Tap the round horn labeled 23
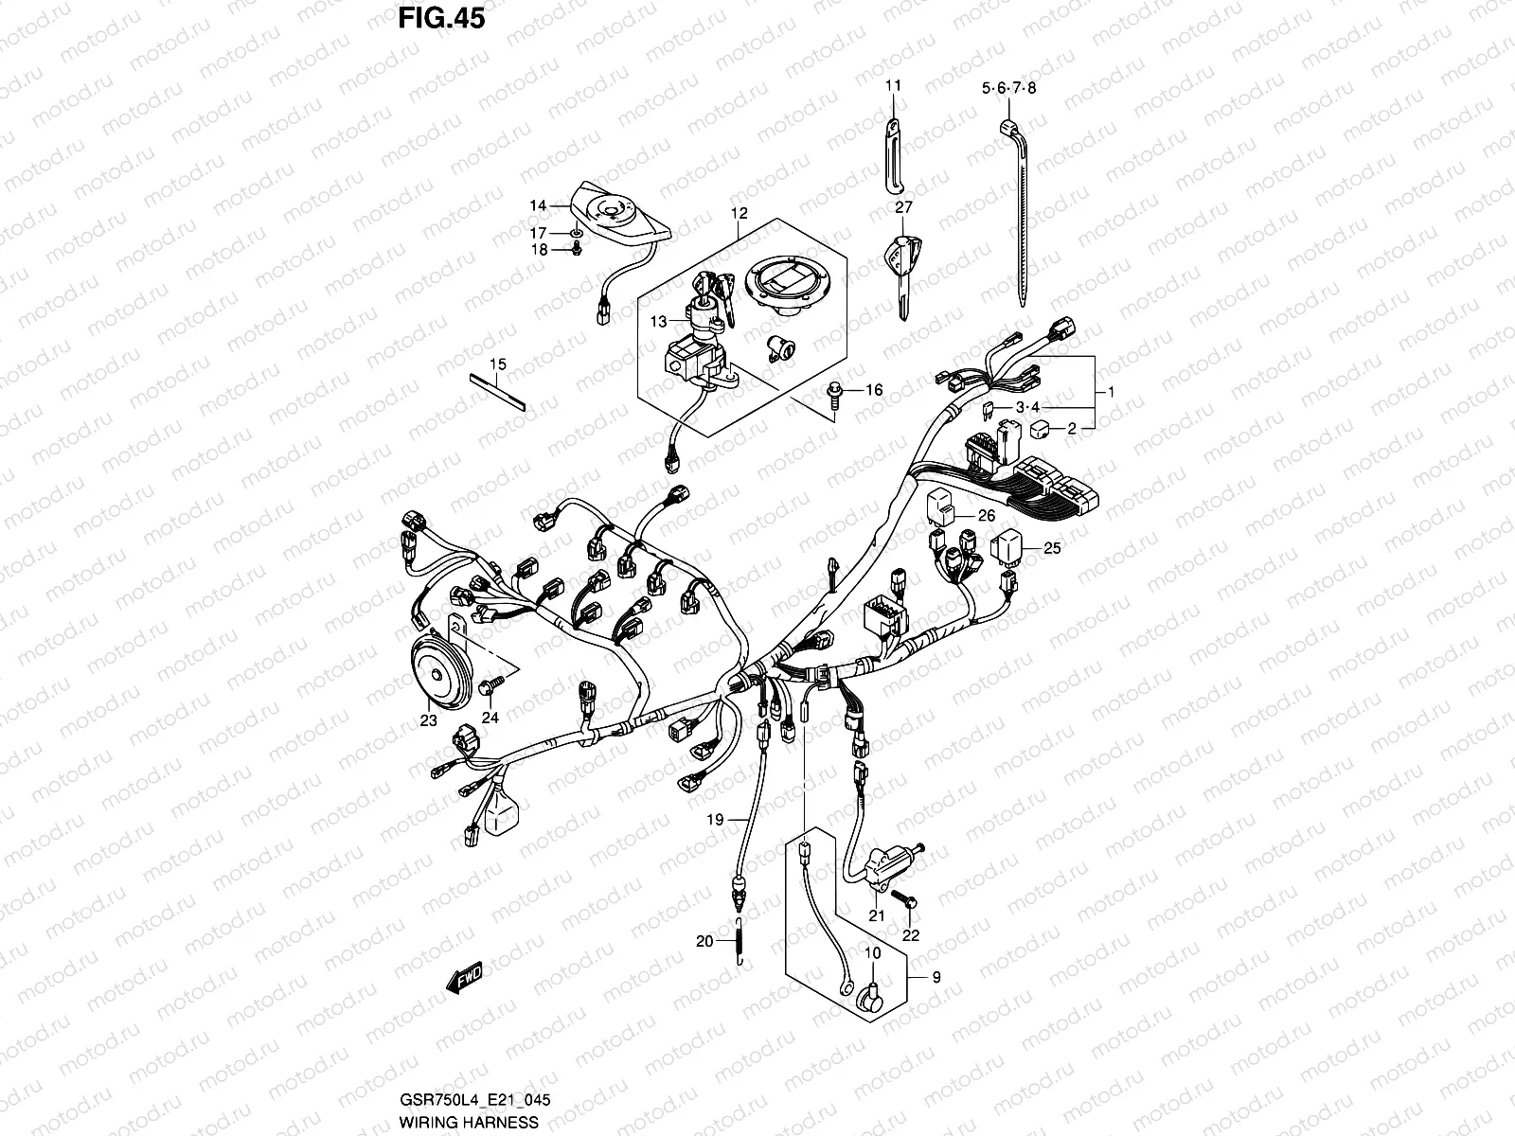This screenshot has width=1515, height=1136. pyautogui.click(x=437, y=674)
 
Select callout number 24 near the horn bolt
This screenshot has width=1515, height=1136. pyautogui.click(x=490, y=719)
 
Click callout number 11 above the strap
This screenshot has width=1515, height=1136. pyautogui.click(x=893, y=86)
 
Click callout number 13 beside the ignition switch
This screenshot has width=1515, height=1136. pyautogui.click(x=658, y=323)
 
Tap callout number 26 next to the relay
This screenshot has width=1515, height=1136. pyautogui.click(x=987, y=516)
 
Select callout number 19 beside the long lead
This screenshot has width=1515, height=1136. pyautogui.click(x=714, y=819)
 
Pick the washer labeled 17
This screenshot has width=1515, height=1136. pyautogui.click(x=577, y=233)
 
